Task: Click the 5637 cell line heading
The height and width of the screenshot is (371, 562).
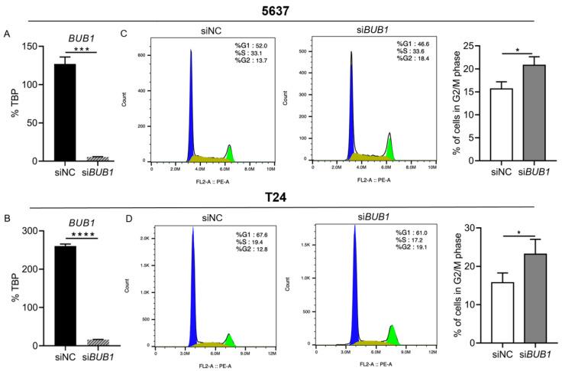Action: [x=280, y=11]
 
